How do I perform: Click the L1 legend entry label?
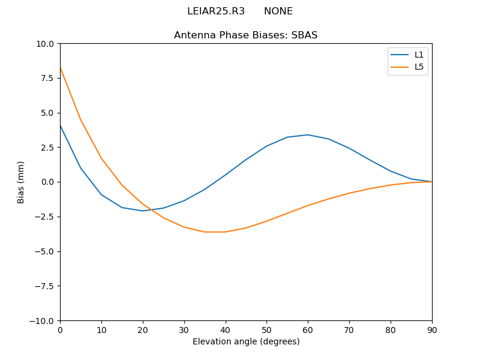point(419,55)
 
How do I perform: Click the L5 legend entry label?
point(419,67)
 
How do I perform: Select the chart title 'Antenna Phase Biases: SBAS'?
point(245,35)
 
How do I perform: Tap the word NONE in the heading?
point(278,11)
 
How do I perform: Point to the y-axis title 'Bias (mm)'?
point(21,182)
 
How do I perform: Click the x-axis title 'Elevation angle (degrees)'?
point(246,341)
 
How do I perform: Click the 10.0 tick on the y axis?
point(46,44)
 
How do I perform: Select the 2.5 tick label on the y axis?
point(48,148)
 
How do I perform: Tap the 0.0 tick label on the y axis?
point(48,182)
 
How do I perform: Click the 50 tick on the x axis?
point(266,329)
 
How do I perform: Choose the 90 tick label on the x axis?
point(432,329)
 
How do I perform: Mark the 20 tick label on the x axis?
point(143,329)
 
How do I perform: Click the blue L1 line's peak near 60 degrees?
point(308,135)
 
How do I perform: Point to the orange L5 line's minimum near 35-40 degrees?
point(215,232)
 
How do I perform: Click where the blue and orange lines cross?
point(151,209)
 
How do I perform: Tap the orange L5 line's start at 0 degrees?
point(61,68)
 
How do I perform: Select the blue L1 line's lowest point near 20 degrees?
point(143,211)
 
